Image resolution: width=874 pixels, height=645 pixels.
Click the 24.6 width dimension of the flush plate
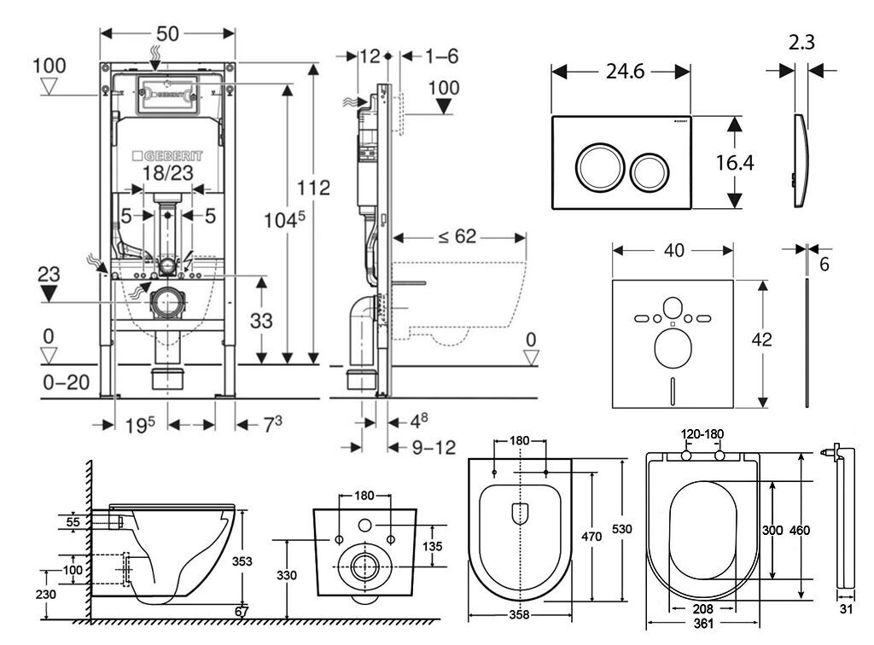pos(621,73)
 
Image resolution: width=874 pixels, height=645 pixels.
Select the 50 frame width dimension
pos(167,33)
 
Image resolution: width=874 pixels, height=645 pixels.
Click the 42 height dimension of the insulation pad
pos(761,339)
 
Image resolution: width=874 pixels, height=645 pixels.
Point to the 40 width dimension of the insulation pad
pos(673,251)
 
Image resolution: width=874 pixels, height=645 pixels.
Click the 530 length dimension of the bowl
pos(622,530)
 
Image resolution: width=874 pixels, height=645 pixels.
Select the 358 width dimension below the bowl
pos(519,614)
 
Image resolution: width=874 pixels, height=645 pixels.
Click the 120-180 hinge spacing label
pos(702,434)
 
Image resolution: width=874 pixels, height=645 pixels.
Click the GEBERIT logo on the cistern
pos(168,157)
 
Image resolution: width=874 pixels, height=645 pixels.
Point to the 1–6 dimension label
pos(441,56)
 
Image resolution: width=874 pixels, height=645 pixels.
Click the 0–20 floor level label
pos(67,382)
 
